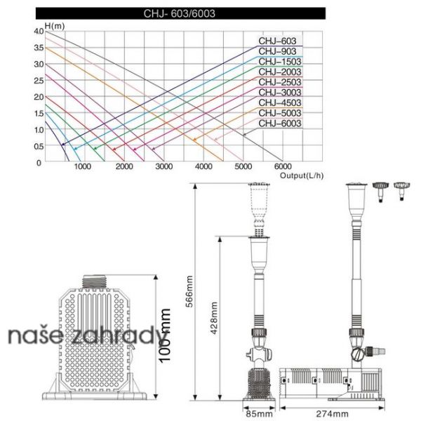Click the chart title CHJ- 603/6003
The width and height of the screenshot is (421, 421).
[x=180, y=13]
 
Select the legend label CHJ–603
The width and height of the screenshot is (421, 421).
[x=277, y=41]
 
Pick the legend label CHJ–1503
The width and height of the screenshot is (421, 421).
[x=280, y=62]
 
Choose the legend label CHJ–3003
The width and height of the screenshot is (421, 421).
[x=280, y=93]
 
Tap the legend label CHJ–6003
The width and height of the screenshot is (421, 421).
[x=280, y=123]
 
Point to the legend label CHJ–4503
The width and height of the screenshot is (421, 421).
[x=280, y=102]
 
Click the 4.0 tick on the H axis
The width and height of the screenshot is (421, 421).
[x=39, y=31]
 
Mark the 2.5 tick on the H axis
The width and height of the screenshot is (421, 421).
[x=39, y=80]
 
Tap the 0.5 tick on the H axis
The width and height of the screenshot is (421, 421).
[x=39, y=146]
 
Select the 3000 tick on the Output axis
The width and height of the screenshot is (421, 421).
[x=163, y=166]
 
